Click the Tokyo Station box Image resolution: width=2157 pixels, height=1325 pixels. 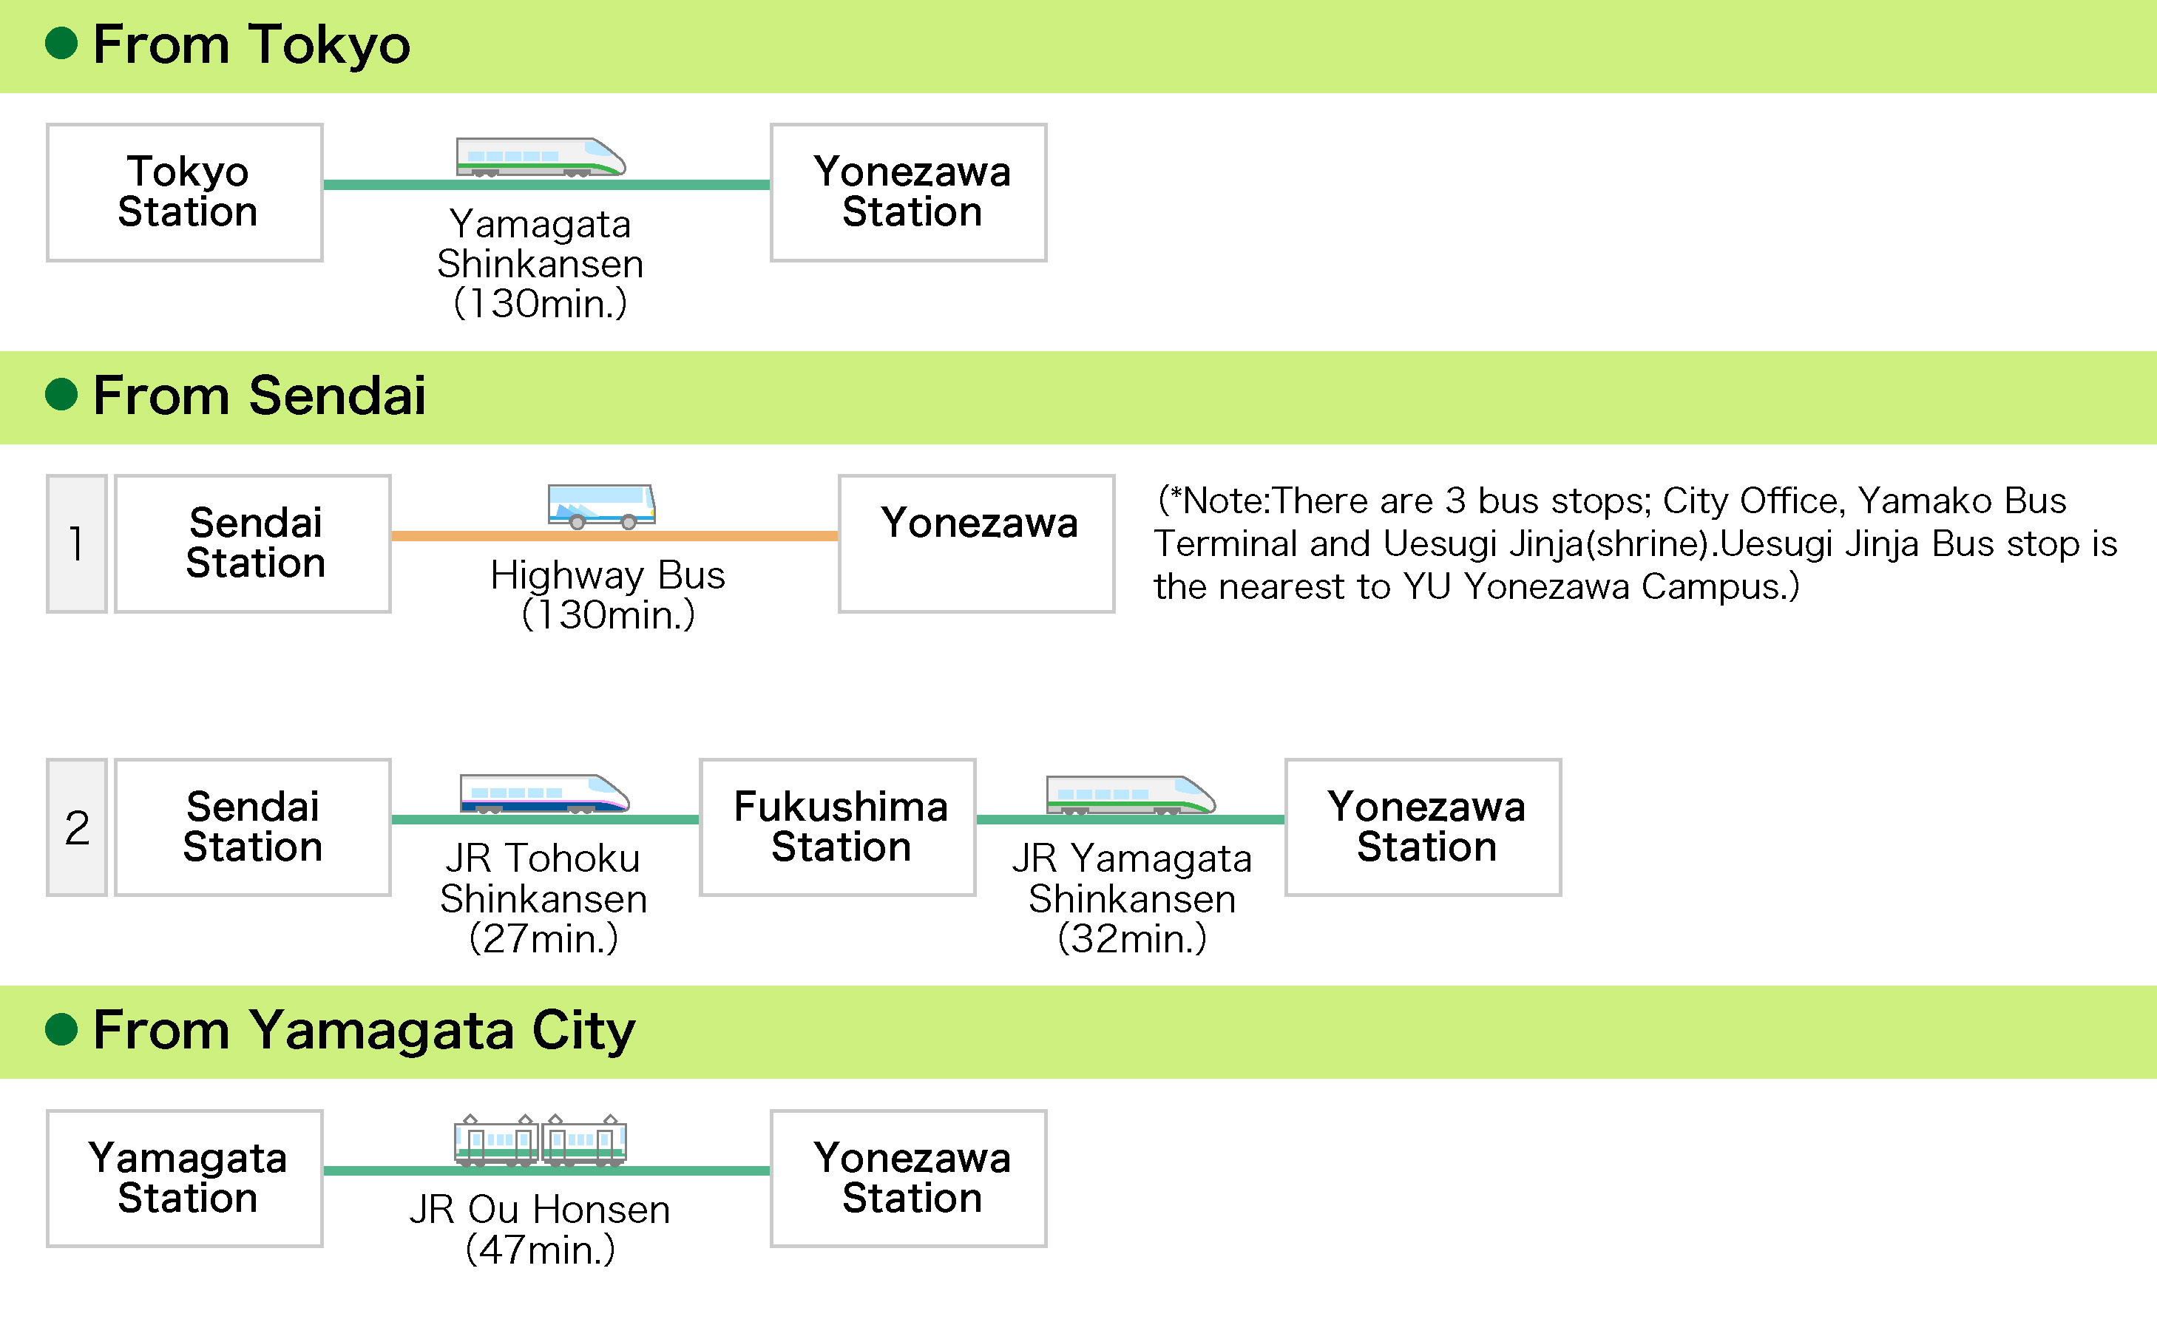coord(185,192)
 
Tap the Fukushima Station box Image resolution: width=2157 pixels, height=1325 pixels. coord(838,827)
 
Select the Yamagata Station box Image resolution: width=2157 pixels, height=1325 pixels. coord(185,1178)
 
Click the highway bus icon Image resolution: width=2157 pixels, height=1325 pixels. coord(601,506)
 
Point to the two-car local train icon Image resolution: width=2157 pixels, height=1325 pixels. coord(540,1140)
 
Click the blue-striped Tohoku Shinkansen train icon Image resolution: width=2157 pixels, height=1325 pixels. coord(544,794)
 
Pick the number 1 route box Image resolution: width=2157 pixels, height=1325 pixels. coord(77,543)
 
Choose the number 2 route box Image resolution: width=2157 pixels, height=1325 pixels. coord(77,827)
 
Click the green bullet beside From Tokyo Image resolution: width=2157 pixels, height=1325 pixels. coord(61,43)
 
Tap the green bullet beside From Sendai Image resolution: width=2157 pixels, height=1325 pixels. coord(61,394)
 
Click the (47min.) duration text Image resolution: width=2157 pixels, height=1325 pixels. coord(541,1250)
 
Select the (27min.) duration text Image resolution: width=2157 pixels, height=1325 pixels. coord(544,938)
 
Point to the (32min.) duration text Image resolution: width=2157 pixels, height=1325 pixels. coord(1132,938)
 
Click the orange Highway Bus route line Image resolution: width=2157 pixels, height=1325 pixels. coord(614,535)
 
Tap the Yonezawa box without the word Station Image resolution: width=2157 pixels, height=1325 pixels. coord(976,543)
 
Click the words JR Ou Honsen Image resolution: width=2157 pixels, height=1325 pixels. coord(540,1210)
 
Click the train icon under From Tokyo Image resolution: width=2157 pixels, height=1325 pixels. coord(541,157)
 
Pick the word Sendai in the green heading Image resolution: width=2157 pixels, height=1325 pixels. coord(337,396)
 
